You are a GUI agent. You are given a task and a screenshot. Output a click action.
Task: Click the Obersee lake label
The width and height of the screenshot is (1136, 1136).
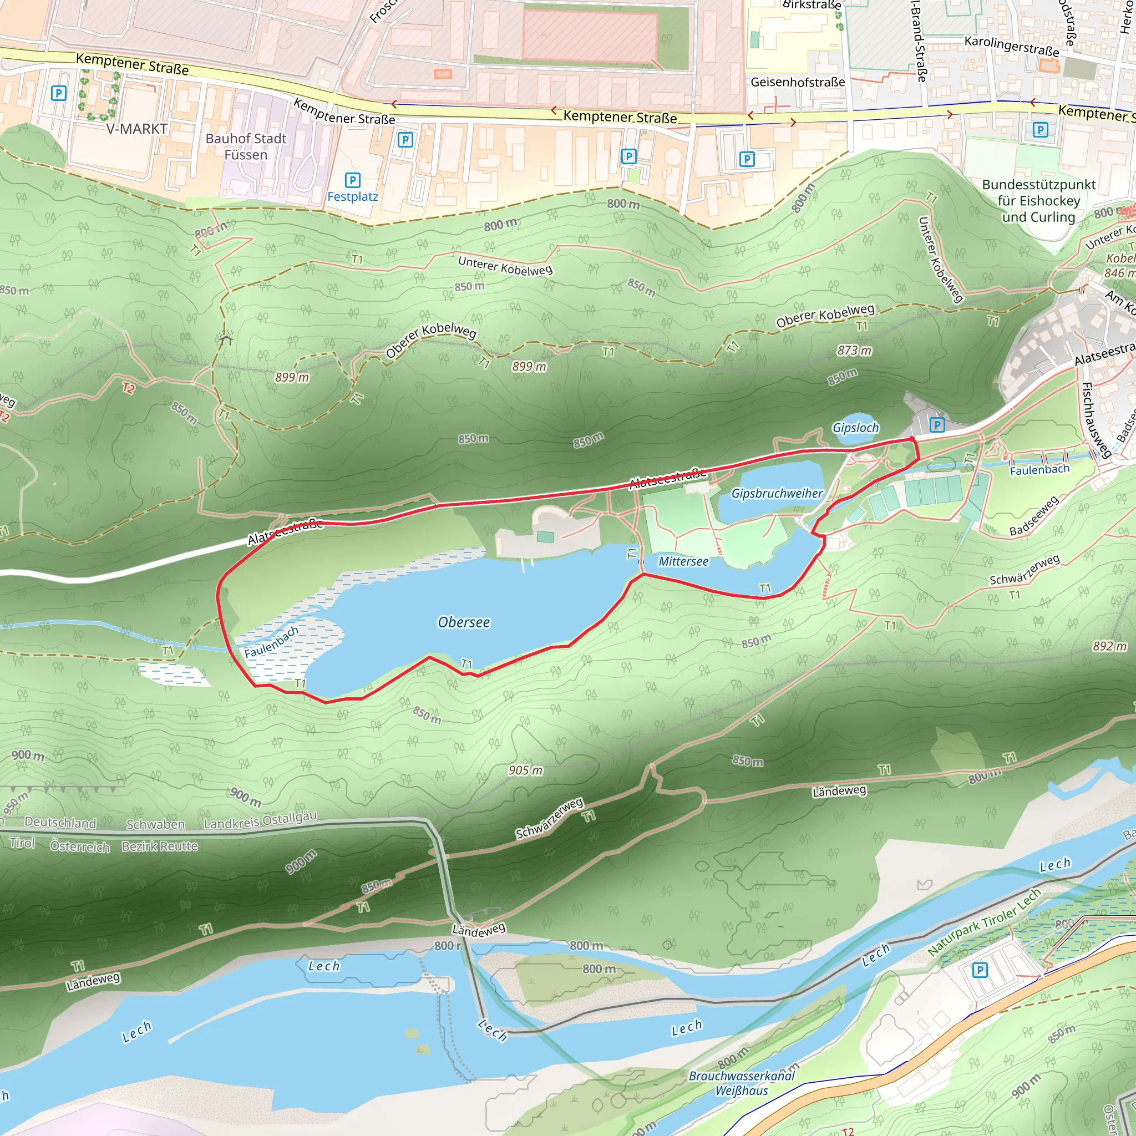[463, 622]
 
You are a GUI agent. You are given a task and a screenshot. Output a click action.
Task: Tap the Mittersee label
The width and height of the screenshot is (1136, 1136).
[683, 561]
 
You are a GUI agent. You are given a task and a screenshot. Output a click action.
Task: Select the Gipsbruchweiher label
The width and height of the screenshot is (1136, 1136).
[776, 493]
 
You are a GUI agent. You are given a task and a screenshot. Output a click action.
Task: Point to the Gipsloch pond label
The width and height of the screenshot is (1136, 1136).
[855, 428]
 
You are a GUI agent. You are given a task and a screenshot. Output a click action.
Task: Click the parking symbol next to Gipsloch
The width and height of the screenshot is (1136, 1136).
[937, 424]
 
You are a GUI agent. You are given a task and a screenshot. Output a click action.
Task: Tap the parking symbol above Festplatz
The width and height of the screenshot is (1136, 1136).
[352, 180]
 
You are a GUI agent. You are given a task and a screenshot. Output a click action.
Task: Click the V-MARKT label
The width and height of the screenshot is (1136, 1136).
[136, 129]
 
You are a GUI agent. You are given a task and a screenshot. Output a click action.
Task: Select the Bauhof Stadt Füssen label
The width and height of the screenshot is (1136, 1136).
[246, 146]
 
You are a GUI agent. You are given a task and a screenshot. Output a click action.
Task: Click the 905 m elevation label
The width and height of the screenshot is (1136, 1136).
[526, 770]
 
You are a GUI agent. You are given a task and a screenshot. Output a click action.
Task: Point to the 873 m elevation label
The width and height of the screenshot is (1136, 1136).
[854, 351]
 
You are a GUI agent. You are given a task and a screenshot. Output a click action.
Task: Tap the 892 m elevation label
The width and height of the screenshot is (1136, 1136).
[1109, 646]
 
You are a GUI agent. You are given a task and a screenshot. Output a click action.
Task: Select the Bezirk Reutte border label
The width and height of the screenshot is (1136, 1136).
[159, 846]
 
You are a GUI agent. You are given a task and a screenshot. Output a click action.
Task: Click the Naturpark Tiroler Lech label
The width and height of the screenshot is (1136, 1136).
[983, 921]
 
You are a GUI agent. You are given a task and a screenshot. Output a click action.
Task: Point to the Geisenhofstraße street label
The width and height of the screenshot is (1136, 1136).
[797, 82]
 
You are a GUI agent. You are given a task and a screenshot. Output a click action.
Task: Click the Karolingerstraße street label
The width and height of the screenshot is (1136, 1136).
[1011, 45]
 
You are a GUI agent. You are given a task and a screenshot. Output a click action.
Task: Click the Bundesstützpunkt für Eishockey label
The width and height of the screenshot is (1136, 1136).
[1038, 200]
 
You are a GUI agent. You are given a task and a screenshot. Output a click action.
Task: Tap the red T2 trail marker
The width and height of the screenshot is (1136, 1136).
[128, 388]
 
